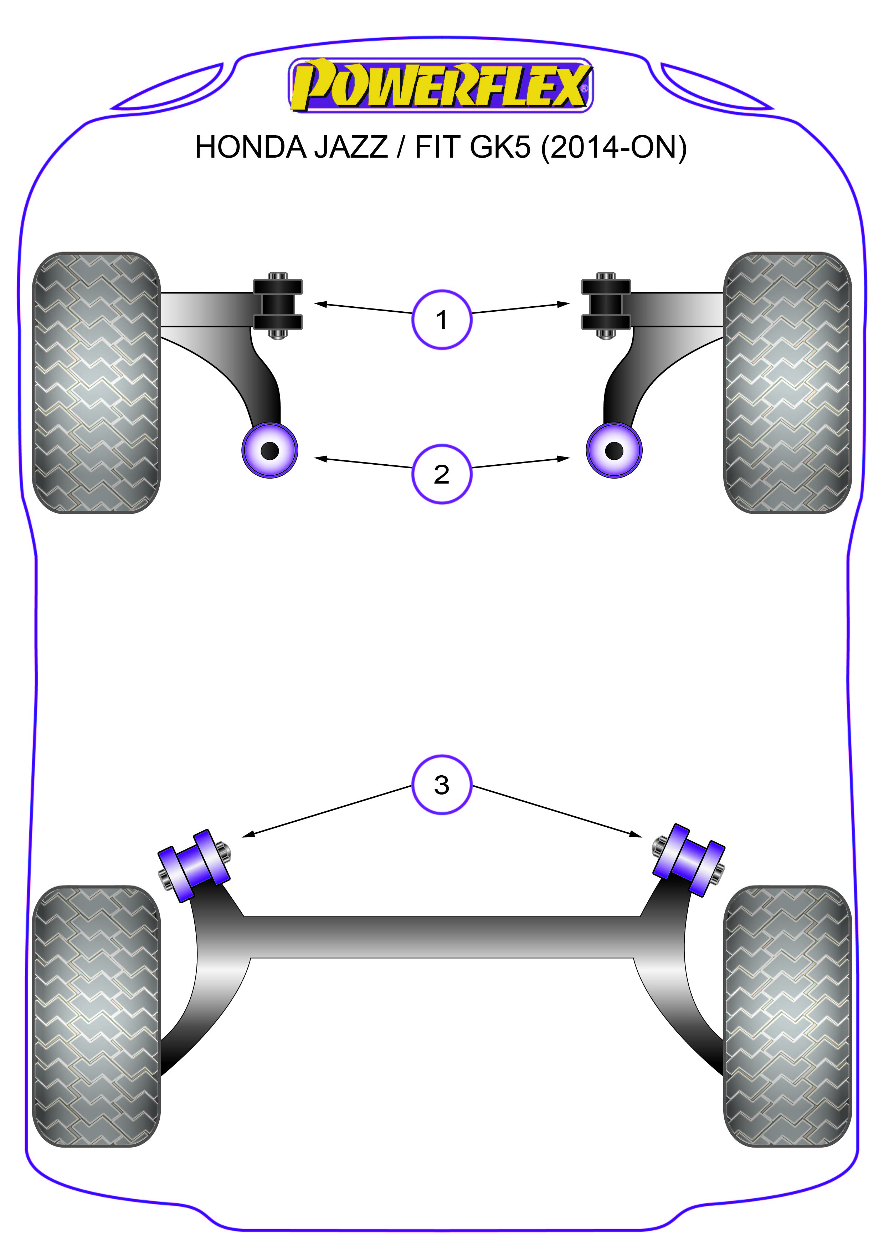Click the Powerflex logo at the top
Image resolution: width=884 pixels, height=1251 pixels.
(440, 86)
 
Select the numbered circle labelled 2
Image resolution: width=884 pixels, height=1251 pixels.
(441, 474)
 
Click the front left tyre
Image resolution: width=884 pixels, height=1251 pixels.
(96, 383)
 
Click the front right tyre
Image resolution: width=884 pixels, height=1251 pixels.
(787, 383)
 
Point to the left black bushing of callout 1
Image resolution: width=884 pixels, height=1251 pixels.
(277, 305)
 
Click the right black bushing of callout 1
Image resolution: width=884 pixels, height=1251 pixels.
(606, 305)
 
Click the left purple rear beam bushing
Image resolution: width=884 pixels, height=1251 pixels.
(193, 865)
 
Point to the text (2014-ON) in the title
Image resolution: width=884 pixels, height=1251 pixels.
(614, 147)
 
